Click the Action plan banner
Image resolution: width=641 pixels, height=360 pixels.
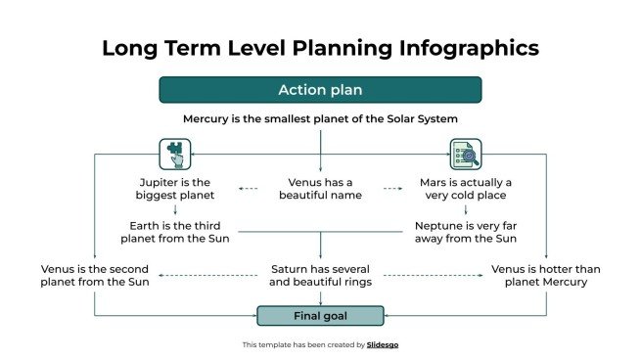point(320,90)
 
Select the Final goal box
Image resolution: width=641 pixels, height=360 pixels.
point(320,316)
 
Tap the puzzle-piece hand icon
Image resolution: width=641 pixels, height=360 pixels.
point(173,154)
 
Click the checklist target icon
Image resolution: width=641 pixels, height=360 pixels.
point(465,154)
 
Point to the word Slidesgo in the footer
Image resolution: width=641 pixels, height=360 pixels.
point(383,344)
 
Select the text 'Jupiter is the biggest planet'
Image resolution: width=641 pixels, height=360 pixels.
point(174,189)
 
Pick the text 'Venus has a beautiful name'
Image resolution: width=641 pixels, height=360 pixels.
point(320,189)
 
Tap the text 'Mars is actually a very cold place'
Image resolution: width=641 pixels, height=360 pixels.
point(465,189)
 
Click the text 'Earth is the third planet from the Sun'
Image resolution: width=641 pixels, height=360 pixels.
point(174,231)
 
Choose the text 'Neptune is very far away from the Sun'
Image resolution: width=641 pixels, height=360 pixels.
point(465,231)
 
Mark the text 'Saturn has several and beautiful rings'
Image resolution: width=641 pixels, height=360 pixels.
point(320,276)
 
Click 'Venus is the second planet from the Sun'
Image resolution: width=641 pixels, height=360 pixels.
point(95,276)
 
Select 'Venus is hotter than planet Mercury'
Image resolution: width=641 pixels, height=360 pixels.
point(545,276)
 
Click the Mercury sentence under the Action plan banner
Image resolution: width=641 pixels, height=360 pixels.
point(320,118)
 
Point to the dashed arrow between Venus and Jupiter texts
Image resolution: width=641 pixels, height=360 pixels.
point(248,188)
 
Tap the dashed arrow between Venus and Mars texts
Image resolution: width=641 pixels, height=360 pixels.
point(393,188)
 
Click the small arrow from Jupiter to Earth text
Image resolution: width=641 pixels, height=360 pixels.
point(174,209)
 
